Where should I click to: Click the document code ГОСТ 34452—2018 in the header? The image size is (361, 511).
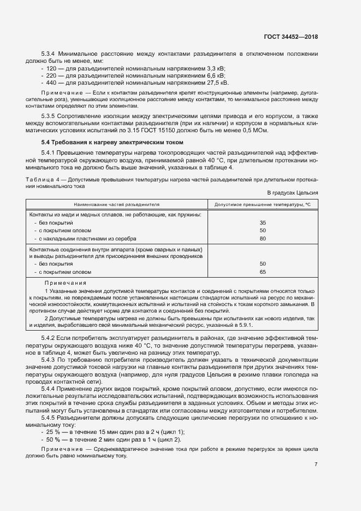tap(290, 37)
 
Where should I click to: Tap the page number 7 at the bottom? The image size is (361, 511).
tap(316, 465)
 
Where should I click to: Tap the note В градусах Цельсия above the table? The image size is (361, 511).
tap(292, 193)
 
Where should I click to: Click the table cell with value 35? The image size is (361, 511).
tap(263, 223)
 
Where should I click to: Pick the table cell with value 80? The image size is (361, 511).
tap(263, 239)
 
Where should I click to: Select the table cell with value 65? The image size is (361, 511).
tap(263, 272)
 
